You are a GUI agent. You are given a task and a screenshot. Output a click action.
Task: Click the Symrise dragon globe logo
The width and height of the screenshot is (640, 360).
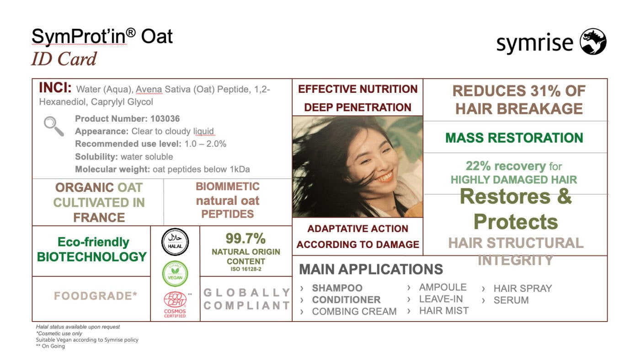click(x=593, y=42)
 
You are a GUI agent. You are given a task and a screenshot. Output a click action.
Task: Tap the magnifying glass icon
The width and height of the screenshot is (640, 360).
click(x=54, y=126)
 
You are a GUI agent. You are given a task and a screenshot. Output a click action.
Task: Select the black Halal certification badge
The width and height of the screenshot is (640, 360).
click(x=175, y=242)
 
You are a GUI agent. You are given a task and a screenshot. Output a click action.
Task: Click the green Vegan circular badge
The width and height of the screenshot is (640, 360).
click(x=175, y=274)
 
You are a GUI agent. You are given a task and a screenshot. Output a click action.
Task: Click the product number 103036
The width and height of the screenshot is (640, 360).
click(x=165, y=118)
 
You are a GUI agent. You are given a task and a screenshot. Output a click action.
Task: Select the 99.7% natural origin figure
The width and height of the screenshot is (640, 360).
click(x=245, y=238)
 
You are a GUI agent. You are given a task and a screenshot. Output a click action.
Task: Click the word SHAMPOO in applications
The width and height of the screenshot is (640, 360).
click(x=337, y=288)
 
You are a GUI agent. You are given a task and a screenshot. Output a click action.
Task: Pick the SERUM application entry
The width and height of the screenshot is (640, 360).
click(x=511, y=300)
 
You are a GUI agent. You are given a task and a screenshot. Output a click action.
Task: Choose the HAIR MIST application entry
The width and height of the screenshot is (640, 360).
click(x=444, y=311)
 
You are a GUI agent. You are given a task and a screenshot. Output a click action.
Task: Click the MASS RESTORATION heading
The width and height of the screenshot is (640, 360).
click(x=514, y=138)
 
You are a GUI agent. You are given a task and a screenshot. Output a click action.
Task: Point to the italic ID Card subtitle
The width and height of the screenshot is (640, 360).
click(x=64, y=59)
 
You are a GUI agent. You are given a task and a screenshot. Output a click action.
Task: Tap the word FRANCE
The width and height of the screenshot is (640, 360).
click(x=99, y=218)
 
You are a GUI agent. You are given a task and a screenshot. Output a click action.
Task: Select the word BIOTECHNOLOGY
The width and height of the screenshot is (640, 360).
click(x=92, y=257)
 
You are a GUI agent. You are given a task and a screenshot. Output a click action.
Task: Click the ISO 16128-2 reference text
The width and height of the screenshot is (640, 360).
click(x=246, y=269)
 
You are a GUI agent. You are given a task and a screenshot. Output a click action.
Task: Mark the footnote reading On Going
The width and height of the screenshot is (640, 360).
click(x=50, y=346)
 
